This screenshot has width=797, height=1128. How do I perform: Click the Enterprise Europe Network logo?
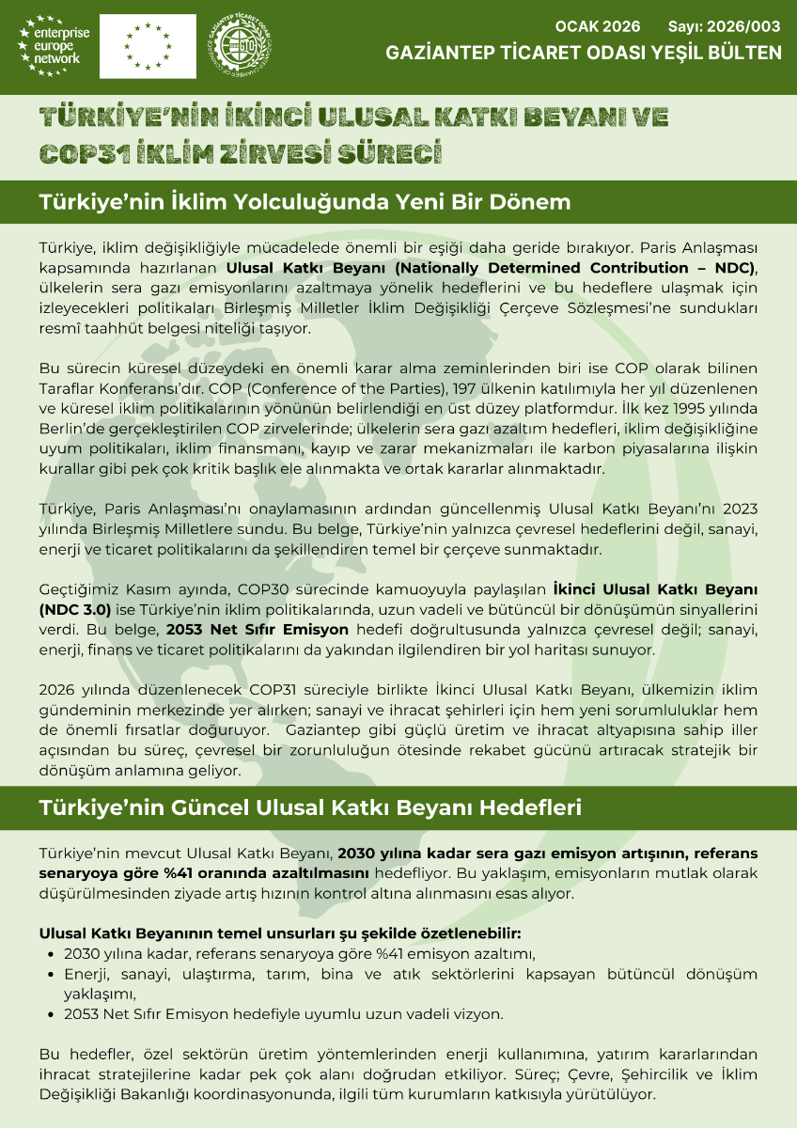tap(55, 45)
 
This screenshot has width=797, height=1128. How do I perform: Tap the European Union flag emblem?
tap(148, 45)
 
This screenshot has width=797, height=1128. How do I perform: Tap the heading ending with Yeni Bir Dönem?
tap(305, 202)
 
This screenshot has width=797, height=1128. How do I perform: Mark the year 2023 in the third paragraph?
tap(738, 509)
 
